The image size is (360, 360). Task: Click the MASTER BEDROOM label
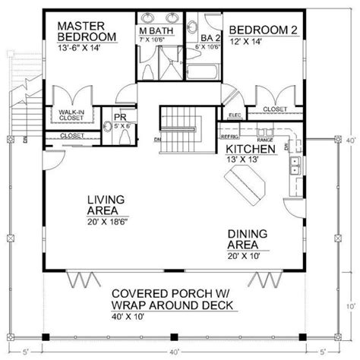point(88,30)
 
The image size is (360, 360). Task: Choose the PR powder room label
point(119,118)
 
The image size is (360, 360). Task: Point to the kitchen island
point(243,184)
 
